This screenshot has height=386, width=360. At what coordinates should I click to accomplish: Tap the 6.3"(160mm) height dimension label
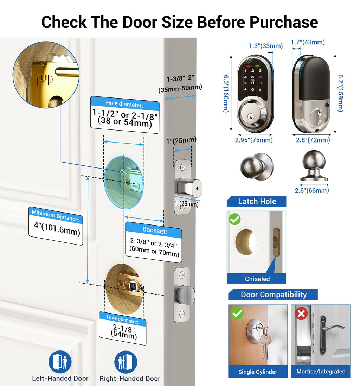pyautogui.click(x=226, y=94)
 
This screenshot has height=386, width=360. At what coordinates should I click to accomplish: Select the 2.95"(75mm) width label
pyautogui.click(x=254, y=140)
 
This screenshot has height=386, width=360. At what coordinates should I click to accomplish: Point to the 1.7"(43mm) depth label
pyautogui.click(x=308, y=42)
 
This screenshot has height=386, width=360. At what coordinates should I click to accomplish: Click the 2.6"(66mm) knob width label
pyautogui.click(x=312, y=190)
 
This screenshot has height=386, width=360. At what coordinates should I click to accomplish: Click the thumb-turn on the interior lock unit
pyautogui.click(x=319, y=116)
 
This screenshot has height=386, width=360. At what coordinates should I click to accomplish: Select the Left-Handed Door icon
pyautogui.click(x=60, y=362)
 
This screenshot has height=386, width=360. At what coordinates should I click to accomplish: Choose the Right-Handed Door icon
pyautogui.click(x=126, y=362)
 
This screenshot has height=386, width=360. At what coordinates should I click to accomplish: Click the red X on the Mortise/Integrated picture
pyautogui.click(x=301, y=314)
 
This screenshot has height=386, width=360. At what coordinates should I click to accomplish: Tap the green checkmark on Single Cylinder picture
pyautogui.click(x=237, y=313)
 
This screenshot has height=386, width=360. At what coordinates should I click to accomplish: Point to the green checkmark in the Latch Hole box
pyautogui.click(x=235, y=219)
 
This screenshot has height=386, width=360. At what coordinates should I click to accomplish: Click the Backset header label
pyautogui.click(x=155, y=230)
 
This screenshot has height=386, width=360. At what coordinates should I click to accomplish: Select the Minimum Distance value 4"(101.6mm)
pyautogui.click(x=57, y=229)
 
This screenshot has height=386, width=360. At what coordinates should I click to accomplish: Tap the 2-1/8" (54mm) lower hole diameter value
pyautogui.click(x=123, y=332)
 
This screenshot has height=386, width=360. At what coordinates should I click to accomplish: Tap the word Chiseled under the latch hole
pyautogui.click(x=257, y=279)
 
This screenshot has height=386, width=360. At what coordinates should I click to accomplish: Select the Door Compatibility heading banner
pyautogui.click(x=273, y=295)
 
